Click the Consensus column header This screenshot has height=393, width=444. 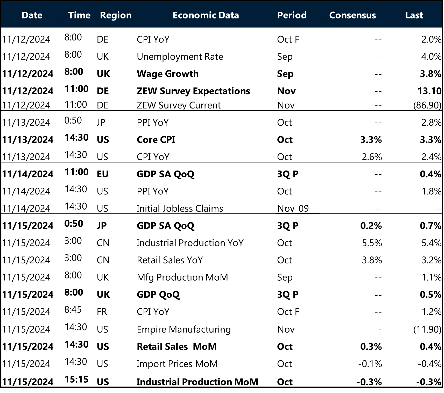352,15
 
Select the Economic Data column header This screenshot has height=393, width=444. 206,15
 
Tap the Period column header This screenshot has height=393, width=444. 292,15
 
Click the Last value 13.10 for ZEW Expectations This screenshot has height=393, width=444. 429,91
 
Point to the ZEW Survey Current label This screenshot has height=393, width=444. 179,105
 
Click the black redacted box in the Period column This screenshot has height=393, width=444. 298,205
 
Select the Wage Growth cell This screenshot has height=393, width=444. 167,74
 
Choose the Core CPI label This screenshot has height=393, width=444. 156,140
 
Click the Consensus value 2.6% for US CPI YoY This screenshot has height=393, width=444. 372,157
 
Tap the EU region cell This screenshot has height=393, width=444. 102,174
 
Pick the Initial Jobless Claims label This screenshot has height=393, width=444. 180,208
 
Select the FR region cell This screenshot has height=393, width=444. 102,312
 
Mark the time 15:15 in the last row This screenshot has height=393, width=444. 76,380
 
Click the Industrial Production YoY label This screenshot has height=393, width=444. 190,243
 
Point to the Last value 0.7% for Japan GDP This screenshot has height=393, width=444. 430,226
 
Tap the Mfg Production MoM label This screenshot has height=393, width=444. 182,277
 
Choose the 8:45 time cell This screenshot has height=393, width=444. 73,310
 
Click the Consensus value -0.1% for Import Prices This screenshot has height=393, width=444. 370,364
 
